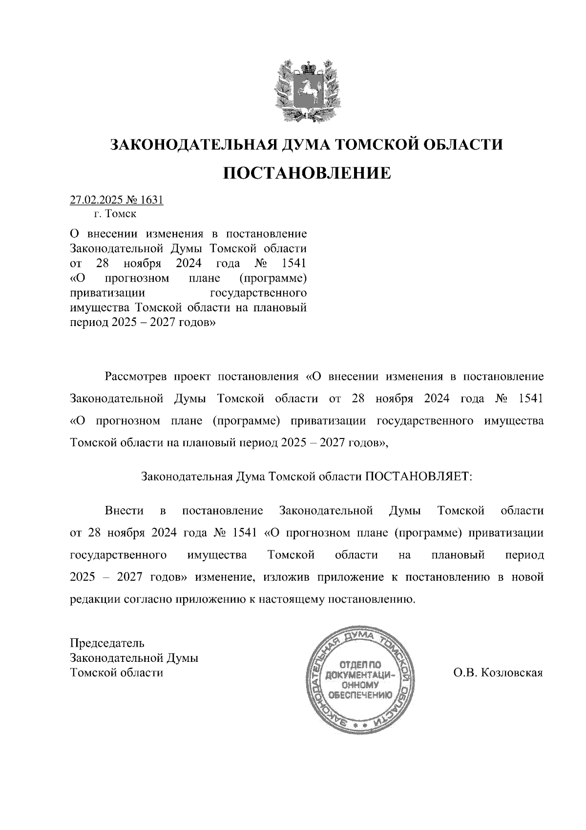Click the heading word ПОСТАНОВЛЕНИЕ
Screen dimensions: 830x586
[307, 173]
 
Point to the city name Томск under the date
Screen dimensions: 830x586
[122, 214]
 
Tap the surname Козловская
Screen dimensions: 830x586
[512, 673]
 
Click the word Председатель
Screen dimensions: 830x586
[107, 642]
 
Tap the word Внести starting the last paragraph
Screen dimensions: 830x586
[124, 511]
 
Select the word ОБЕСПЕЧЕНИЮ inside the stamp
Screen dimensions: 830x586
[359, 695]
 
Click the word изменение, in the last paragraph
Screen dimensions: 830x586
[225, 577]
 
